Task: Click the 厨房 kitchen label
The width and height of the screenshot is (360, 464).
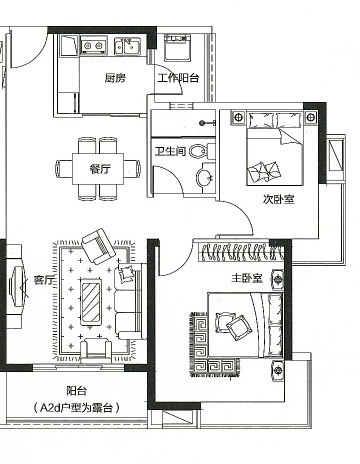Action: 115,78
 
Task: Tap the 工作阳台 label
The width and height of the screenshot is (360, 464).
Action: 178,78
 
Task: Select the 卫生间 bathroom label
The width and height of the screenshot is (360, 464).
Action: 170,151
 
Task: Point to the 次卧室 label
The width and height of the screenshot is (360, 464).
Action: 279,199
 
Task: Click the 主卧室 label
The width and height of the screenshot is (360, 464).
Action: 247,278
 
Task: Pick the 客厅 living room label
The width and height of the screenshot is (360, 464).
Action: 43,281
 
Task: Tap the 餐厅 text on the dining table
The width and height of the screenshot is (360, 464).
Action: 99,169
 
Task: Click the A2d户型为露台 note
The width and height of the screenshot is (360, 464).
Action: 77,408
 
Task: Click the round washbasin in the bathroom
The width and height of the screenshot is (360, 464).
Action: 204,177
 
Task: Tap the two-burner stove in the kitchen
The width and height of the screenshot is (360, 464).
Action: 93,46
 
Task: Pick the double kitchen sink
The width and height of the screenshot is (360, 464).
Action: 128,46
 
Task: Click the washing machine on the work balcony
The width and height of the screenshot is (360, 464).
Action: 178,47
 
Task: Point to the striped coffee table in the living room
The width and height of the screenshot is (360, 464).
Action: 91,302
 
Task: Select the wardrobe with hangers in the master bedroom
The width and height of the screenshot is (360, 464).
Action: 241,252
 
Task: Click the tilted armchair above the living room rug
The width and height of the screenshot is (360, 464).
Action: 99,246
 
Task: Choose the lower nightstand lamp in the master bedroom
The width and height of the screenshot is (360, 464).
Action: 278,369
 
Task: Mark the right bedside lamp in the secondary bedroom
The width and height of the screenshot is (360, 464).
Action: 311,117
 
